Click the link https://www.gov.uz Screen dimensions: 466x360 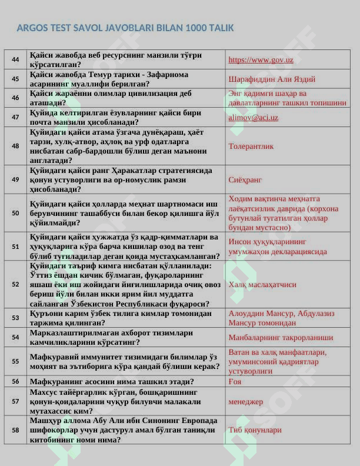point(261,60)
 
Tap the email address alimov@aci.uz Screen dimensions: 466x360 point(253,118)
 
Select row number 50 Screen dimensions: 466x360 point(15,213)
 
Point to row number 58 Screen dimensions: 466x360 point(15,430)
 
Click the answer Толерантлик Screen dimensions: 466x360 point(251,147)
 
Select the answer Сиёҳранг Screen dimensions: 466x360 point(245,179)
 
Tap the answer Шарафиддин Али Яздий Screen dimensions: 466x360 point(272,79)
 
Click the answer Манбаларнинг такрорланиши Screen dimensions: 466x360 point(281,338)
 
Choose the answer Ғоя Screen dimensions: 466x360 point(235,381)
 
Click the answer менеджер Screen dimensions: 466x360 point(246,401)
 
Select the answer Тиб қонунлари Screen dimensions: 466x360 point(255,430)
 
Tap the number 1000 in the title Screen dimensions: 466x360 point(196,28)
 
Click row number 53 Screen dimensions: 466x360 point(15,318)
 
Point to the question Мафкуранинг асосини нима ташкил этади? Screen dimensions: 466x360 point(112,381)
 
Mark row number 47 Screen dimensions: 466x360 point(15,117)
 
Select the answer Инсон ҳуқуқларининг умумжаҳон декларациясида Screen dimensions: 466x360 point(278,247)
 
